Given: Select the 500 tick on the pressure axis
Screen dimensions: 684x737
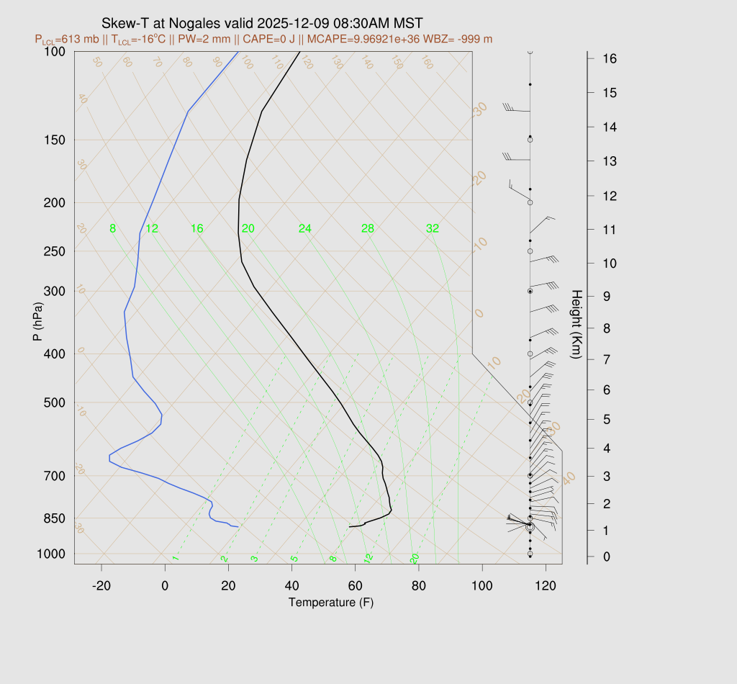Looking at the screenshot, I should tap(54, 402).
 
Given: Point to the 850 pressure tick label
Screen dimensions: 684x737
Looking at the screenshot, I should tap(54, 518).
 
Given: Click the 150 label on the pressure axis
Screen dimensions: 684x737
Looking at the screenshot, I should tap(54, 140).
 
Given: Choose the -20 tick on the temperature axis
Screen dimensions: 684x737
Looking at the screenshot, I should tap(101, 586).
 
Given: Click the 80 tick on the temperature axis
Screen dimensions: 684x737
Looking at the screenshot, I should tap(419, 586).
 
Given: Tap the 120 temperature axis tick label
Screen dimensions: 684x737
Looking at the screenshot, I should tap(546, 586).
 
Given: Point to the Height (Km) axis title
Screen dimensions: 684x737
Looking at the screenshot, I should tap(577, 325).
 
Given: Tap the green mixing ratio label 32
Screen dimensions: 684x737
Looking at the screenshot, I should tap(432, 229).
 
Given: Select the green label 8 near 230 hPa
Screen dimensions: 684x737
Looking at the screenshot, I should tap(112, 229).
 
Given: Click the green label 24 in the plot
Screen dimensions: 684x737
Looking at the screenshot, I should tap(305, 229).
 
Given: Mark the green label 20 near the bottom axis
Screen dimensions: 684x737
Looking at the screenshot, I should tap(415, 558).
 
